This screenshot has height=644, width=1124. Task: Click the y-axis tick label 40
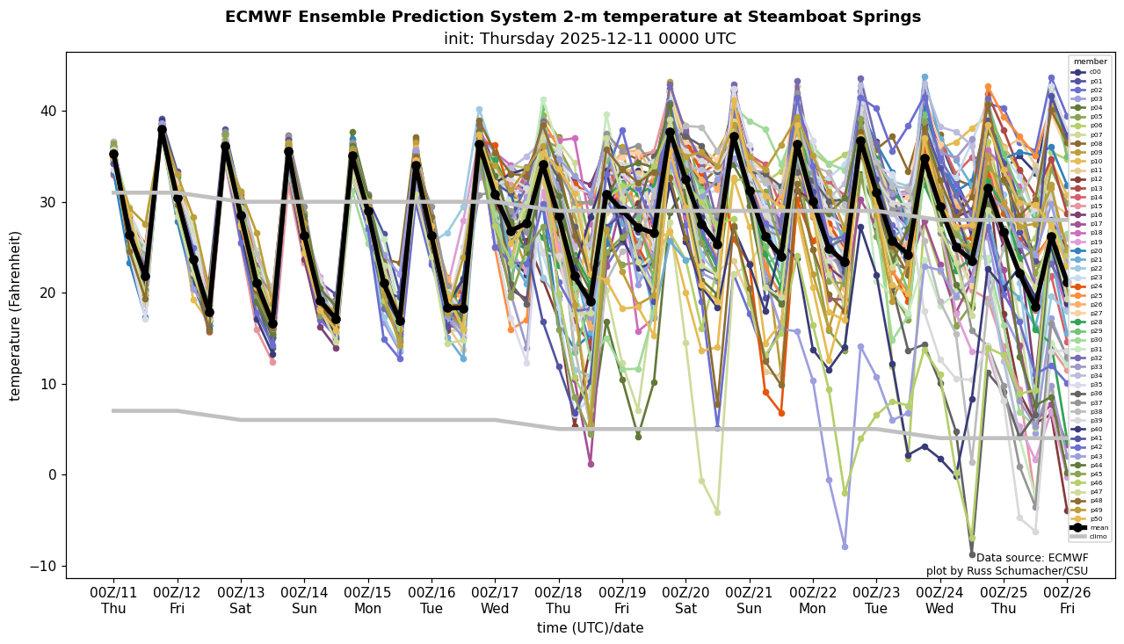click(47, 112)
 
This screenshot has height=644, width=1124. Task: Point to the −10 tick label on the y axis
click(43, 566)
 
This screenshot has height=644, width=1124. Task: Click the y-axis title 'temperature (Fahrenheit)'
click(16, 315)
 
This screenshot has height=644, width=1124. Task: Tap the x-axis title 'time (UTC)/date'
click(590, 628)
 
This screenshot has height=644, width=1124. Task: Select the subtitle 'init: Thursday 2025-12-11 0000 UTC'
click(590, 39)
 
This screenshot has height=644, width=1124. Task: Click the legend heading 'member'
click(1091, 62)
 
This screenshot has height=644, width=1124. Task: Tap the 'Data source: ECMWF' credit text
click(1032, 558)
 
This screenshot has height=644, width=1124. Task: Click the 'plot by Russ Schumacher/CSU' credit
click(1007, 571)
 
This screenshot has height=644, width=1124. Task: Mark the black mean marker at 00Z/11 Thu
click(113, 155)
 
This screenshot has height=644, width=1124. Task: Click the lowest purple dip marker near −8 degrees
click(845, 546)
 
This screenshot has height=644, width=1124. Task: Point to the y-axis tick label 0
click(50, 475)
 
